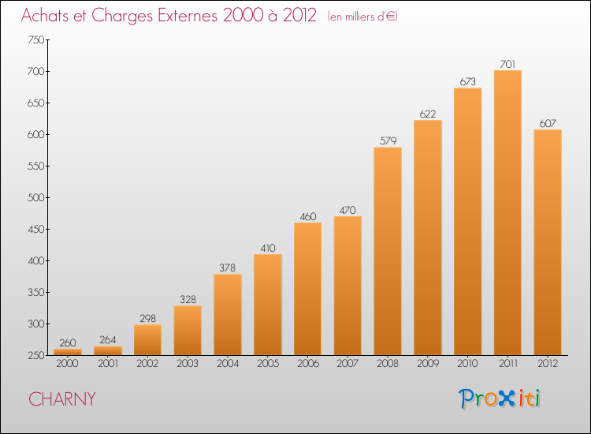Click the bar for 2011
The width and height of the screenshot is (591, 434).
507,213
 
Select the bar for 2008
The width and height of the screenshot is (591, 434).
388,251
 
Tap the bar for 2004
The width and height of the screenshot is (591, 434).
228,314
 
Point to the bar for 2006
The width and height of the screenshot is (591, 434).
307,289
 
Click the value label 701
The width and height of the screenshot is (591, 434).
507,65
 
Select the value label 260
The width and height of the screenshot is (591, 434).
68,343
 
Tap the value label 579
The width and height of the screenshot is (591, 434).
388,141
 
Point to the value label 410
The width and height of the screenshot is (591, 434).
268,249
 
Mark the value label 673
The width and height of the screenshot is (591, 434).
468,82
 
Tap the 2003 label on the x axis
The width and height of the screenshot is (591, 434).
188,364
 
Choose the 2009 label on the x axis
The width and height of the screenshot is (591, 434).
428,364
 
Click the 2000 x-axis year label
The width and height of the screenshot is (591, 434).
68,364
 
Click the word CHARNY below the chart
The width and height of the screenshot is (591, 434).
62,399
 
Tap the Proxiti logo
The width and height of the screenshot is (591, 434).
500,398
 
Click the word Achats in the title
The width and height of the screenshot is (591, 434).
48,16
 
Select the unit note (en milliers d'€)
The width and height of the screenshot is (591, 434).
362,17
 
